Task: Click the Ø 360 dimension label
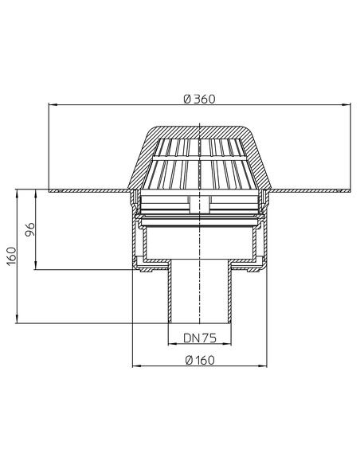coord(199,99)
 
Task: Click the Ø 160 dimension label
coord(200,361)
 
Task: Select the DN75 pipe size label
coord(200,338)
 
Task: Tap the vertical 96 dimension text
coord(29,229)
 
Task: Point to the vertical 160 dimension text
coord(12,256)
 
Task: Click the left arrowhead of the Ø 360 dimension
coord(53,104)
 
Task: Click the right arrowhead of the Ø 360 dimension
coord(346,104)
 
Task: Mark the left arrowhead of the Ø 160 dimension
coord(137,366)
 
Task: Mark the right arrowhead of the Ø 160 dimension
coord(263,366)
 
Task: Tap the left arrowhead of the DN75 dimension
coord(172,344)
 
